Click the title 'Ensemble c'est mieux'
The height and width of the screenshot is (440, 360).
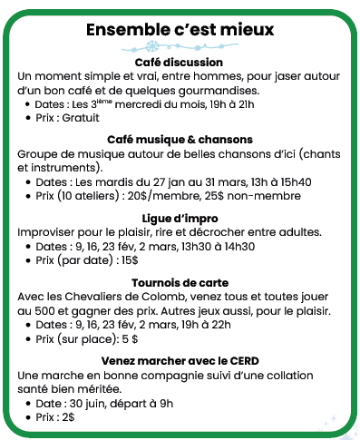tap(179, 31)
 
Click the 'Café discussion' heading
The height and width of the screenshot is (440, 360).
tap(179, 62)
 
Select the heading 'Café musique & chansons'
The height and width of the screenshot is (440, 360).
tap(180, 140)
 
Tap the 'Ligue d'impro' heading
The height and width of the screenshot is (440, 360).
tap(179, 218)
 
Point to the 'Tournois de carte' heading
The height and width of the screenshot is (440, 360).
tap(179, 282)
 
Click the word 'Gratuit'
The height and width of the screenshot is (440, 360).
tap(80, 118)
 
